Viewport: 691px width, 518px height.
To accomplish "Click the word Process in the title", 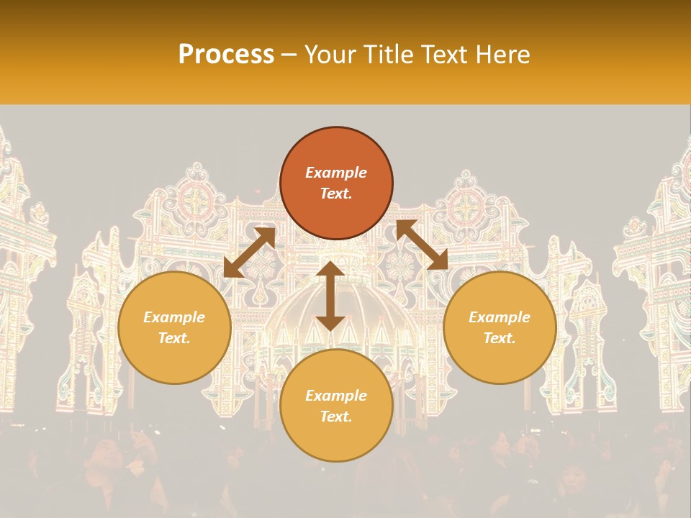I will click(226, 55).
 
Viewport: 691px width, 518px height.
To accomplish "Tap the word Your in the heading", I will click(333, 55).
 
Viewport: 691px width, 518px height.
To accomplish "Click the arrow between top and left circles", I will click(249, 253).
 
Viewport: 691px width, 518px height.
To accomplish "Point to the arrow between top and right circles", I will click(423, 245).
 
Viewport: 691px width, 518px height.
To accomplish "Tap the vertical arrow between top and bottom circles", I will click(330, 296).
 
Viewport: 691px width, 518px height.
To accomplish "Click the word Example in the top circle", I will click(336, 173).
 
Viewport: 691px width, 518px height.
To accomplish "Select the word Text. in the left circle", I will click(174, 338).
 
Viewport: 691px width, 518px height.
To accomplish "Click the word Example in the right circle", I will click(500, 317).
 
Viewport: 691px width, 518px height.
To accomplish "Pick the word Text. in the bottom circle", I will click(336, 417).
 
